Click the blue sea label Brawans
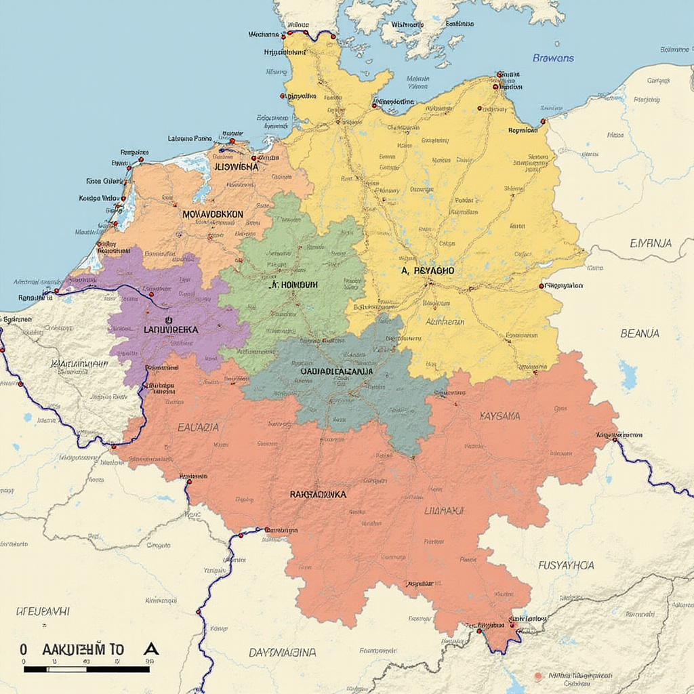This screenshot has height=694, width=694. [553, 58]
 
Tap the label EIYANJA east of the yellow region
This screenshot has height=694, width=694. [651, 243]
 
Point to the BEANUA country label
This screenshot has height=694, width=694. [639, 333]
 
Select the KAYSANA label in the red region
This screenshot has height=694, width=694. [499, 415]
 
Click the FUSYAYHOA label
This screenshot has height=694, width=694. [566, 565]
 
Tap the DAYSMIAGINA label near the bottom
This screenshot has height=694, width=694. [282, 653]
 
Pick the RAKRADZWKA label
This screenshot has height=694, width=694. [318, 495]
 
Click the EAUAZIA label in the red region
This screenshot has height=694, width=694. [198, 428]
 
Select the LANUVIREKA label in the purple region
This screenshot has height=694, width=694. [171, 329]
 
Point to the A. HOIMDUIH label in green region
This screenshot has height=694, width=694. [293, 285]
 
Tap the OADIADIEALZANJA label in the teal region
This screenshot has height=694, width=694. [336, 371]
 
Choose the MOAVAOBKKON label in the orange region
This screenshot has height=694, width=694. [212, 213]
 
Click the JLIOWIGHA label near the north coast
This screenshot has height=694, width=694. [236, 166]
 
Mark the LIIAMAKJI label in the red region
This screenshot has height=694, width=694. [444, 510]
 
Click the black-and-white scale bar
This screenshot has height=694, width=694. [86, 669]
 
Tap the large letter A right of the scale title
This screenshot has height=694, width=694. [151, 649]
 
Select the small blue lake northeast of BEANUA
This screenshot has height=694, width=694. [628, 375]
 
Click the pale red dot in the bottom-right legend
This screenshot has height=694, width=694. [538, 676]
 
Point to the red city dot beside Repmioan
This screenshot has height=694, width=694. [543, 122]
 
